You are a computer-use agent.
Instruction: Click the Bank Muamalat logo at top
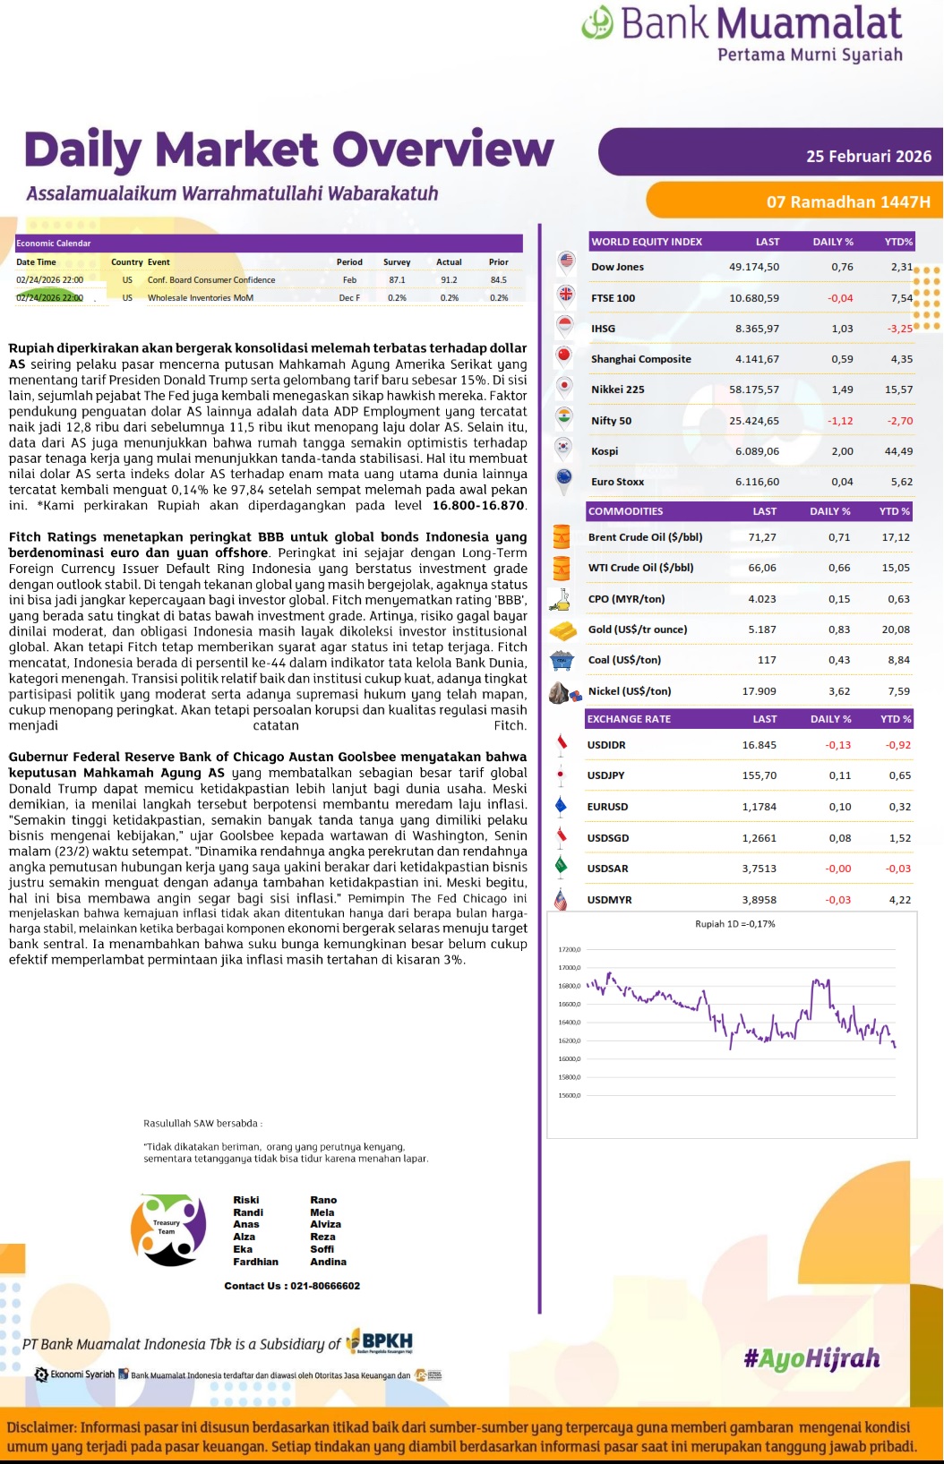pyautogui.click(x=742, y=33)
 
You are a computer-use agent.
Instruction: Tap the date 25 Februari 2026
pyautogui.click(x=868, y=156)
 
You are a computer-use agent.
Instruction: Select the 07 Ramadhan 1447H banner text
pyautogui.click(x=847, y=201)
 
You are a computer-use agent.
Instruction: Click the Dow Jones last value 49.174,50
pyautogui.click(x=753, y=267)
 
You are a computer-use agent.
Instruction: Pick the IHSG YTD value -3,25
pyautogui.click(x=899, y=329)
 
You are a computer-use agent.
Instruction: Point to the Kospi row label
pyautogui.click(x=605, y=451)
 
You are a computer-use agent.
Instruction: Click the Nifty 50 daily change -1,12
pyautogui.click(x=840, y=421)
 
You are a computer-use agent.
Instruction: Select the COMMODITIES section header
pyautogui.click(x=625, y=511)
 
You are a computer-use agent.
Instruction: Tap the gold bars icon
pyautogui.click(x=562, y=630)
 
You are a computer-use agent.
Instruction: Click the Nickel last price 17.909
pyautogui.click(x=759, y=691)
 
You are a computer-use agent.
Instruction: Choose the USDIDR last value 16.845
pyautogui.click(x=759, y=745)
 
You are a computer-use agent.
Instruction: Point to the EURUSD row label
pyautogui.click(x=607, y=807)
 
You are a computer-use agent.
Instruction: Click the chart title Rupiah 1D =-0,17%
pyautogui.click(x=734, y=924)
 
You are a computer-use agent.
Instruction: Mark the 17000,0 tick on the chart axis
pyautogui.click(x=570, y=968)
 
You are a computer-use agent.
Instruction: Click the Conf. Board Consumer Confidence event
pyautogui.click(x=211, y=280)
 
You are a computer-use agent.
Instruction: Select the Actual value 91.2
pyautogui.click(x=449, y=280)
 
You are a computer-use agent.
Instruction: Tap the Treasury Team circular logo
pyautogui.click(x=168, y=1229)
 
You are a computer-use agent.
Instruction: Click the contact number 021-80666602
pyautogui.click(x=324, y=1286)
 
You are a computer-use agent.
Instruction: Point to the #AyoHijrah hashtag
pyautogui.click(x=811, y=1359)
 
